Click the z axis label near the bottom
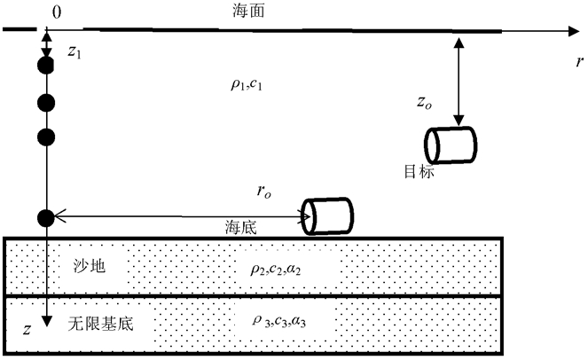(27, 330)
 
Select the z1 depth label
(74, 53)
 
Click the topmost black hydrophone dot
(47, 67)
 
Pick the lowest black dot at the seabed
(47, 216)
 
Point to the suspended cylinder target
(450, 145)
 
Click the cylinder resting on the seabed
(327, 215)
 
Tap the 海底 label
(241, 227)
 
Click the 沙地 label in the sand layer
(90, 264)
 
